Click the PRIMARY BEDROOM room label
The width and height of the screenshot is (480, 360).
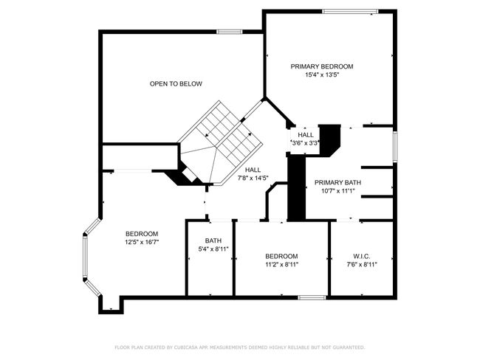322,66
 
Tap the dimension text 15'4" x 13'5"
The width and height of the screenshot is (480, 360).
322,75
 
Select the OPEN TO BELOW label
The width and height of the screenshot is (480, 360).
176,84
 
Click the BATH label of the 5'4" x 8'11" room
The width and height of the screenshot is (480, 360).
213,240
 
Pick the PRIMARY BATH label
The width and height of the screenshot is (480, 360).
337,183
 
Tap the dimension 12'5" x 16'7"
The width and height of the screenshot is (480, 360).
142,242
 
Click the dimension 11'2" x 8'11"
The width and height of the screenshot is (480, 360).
281,265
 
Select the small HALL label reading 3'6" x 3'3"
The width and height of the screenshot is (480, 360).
306,135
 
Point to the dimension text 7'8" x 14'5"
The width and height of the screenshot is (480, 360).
253,178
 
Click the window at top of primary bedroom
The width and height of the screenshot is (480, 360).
351,12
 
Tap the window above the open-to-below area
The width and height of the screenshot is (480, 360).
230,32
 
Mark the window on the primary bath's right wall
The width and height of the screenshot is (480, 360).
395,147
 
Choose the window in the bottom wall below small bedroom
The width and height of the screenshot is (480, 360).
312,297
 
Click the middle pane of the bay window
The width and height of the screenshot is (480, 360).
85,257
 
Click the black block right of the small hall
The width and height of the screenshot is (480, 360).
329,140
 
